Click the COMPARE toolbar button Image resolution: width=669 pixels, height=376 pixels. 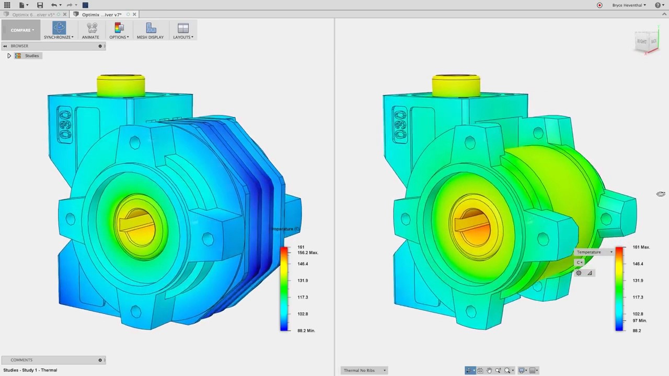pos(22,30)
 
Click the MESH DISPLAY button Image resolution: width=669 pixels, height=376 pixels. pos(151,30)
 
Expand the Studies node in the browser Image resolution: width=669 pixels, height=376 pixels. pos(9,55)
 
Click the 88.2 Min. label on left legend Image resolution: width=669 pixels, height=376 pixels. pos(306,331)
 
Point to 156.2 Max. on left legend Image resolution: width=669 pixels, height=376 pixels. pos(307,253)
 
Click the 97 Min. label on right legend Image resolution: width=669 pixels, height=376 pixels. pos(639,321)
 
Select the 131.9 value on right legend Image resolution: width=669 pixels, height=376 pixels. pos(638,280)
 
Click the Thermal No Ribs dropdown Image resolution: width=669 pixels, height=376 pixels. pos(365,370)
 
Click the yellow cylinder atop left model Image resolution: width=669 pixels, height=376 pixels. pos(121,86)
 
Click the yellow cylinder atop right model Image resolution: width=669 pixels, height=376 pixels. pos(456,86)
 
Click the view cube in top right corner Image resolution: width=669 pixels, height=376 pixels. pos(647,42)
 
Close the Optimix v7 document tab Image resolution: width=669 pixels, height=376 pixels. pos(134,14)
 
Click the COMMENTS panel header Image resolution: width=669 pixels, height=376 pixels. pos(21,360)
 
